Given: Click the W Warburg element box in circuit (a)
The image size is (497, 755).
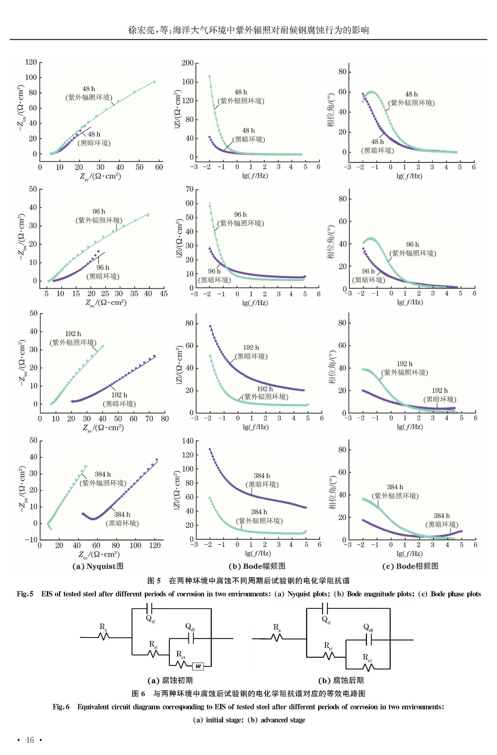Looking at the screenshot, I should (198, 666).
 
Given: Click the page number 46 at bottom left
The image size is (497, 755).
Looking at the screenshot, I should (29, 740).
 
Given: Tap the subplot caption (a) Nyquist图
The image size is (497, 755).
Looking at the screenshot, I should (98, 566).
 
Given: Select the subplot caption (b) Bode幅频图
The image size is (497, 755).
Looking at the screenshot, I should (257, 566).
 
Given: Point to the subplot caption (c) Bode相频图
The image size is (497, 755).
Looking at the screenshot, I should (410, 566).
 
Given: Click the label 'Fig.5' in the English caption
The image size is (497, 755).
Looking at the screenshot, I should (25, 594).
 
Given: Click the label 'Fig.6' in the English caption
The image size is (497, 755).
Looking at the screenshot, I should (61, 707).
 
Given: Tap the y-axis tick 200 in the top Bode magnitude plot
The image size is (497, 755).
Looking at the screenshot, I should (187, 63).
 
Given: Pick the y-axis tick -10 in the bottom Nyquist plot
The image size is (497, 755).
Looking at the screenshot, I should (31, 539).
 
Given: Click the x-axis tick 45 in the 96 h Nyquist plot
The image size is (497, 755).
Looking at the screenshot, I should (164, 294).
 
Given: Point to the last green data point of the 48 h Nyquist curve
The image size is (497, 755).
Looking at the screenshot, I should (155, 82).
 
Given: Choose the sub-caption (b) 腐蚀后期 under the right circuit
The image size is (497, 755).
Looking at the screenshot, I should (341, 680).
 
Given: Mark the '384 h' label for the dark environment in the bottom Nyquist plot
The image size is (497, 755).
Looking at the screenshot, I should (122, 514).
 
